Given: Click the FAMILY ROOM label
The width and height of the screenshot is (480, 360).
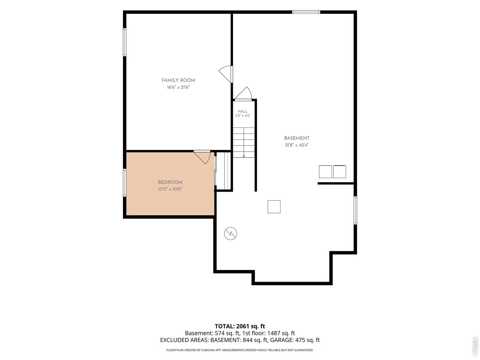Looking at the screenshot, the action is [x=178, y=80].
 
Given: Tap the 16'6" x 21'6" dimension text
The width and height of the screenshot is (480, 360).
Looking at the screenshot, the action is [x=178, y=87].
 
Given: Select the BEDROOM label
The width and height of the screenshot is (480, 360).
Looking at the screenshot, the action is [x=170, y=182].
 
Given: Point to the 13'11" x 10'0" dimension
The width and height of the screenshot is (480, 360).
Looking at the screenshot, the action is [x=170, y=189].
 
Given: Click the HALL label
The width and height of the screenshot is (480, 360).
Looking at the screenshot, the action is [x=243, y=111].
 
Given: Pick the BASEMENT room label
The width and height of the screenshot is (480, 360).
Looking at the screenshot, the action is [x=297, y=138].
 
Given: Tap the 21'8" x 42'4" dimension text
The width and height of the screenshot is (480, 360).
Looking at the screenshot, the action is [x=297, y=145].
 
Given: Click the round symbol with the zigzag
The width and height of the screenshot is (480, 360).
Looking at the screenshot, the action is [x=231, y=234].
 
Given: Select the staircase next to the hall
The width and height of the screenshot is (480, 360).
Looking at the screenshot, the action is [x=244, y=142].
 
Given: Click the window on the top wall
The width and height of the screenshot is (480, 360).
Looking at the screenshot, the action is [x=306, y=12].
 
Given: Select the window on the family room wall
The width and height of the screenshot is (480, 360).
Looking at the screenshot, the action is [x=124, y=42].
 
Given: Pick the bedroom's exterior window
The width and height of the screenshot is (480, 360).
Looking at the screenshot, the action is [x=124, y=183].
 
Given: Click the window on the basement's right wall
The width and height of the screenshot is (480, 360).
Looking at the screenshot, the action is [x=355, y=210].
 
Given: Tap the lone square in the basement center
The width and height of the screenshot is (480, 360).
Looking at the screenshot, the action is [x=274, y=207].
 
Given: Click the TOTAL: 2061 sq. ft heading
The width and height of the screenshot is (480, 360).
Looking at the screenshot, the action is [x=240, y=326].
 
